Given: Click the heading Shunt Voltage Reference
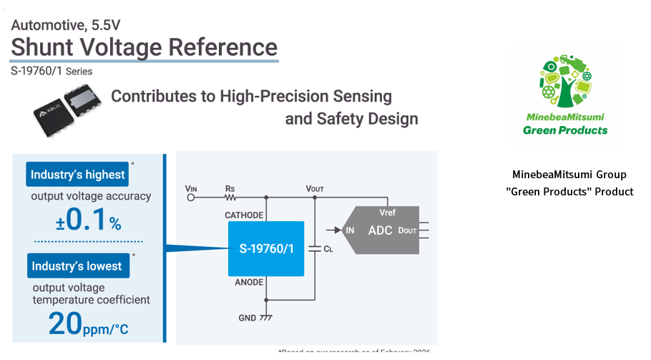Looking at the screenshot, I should click(144, 47).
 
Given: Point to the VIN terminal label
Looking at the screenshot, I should click(191, 188).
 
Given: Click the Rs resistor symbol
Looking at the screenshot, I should click(230, 197).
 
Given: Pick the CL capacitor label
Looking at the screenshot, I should click(328, 249).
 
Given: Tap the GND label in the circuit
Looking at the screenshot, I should click(247, 317).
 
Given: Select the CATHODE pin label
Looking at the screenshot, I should click(244, 215).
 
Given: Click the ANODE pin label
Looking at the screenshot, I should click(249, 283).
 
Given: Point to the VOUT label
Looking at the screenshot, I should click(315, 188).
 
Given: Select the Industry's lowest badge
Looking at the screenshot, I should click(76, 266).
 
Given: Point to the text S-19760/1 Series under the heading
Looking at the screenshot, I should click(52, 72).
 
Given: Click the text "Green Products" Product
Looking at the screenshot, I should click(569, 191).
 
